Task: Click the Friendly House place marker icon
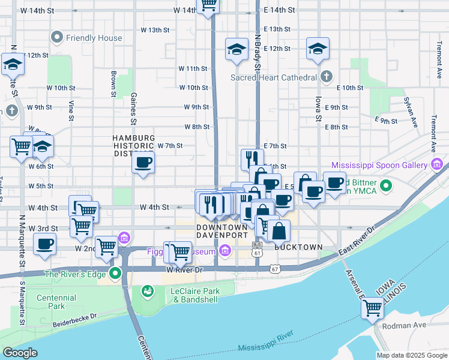[57, 38]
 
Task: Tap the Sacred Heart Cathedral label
[274, 77]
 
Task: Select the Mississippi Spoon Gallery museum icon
[437, 164]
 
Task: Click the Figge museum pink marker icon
[224, 251]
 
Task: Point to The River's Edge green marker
[116, 275]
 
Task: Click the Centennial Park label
[56, 302]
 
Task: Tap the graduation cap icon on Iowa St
[318, 49]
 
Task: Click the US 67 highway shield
[274, 269]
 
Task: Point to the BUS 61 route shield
[258, 248]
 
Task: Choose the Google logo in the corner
[20, 353]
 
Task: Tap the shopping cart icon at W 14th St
[208, 5]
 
